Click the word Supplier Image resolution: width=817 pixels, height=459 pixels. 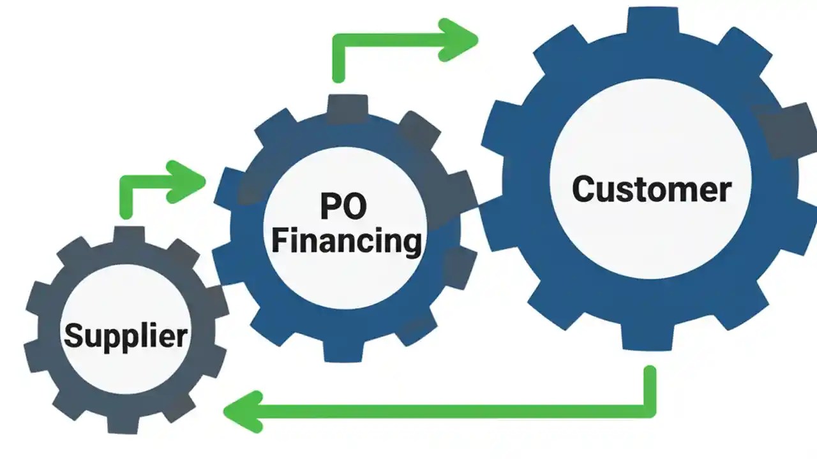tap(126, 335)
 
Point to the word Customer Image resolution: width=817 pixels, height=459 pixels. tap(651, 189)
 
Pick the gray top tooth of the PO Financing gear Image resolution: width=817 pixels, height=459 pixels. tap(347, 107)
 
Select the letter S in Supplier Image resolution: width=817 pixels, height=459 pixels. tap(74, 335)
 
